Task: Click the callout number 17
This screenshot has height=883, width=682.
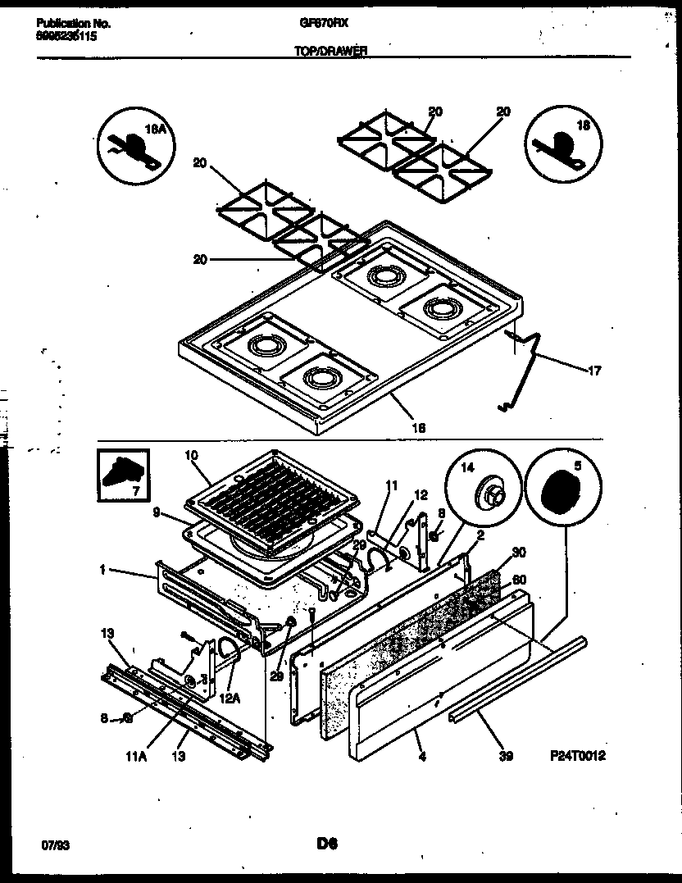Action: (x=594, y=371)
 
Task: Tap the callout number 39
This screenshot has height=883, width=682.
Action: (x=505, y=757)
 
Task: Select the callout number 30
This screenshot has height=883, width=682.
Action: (x=517, y=553)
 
